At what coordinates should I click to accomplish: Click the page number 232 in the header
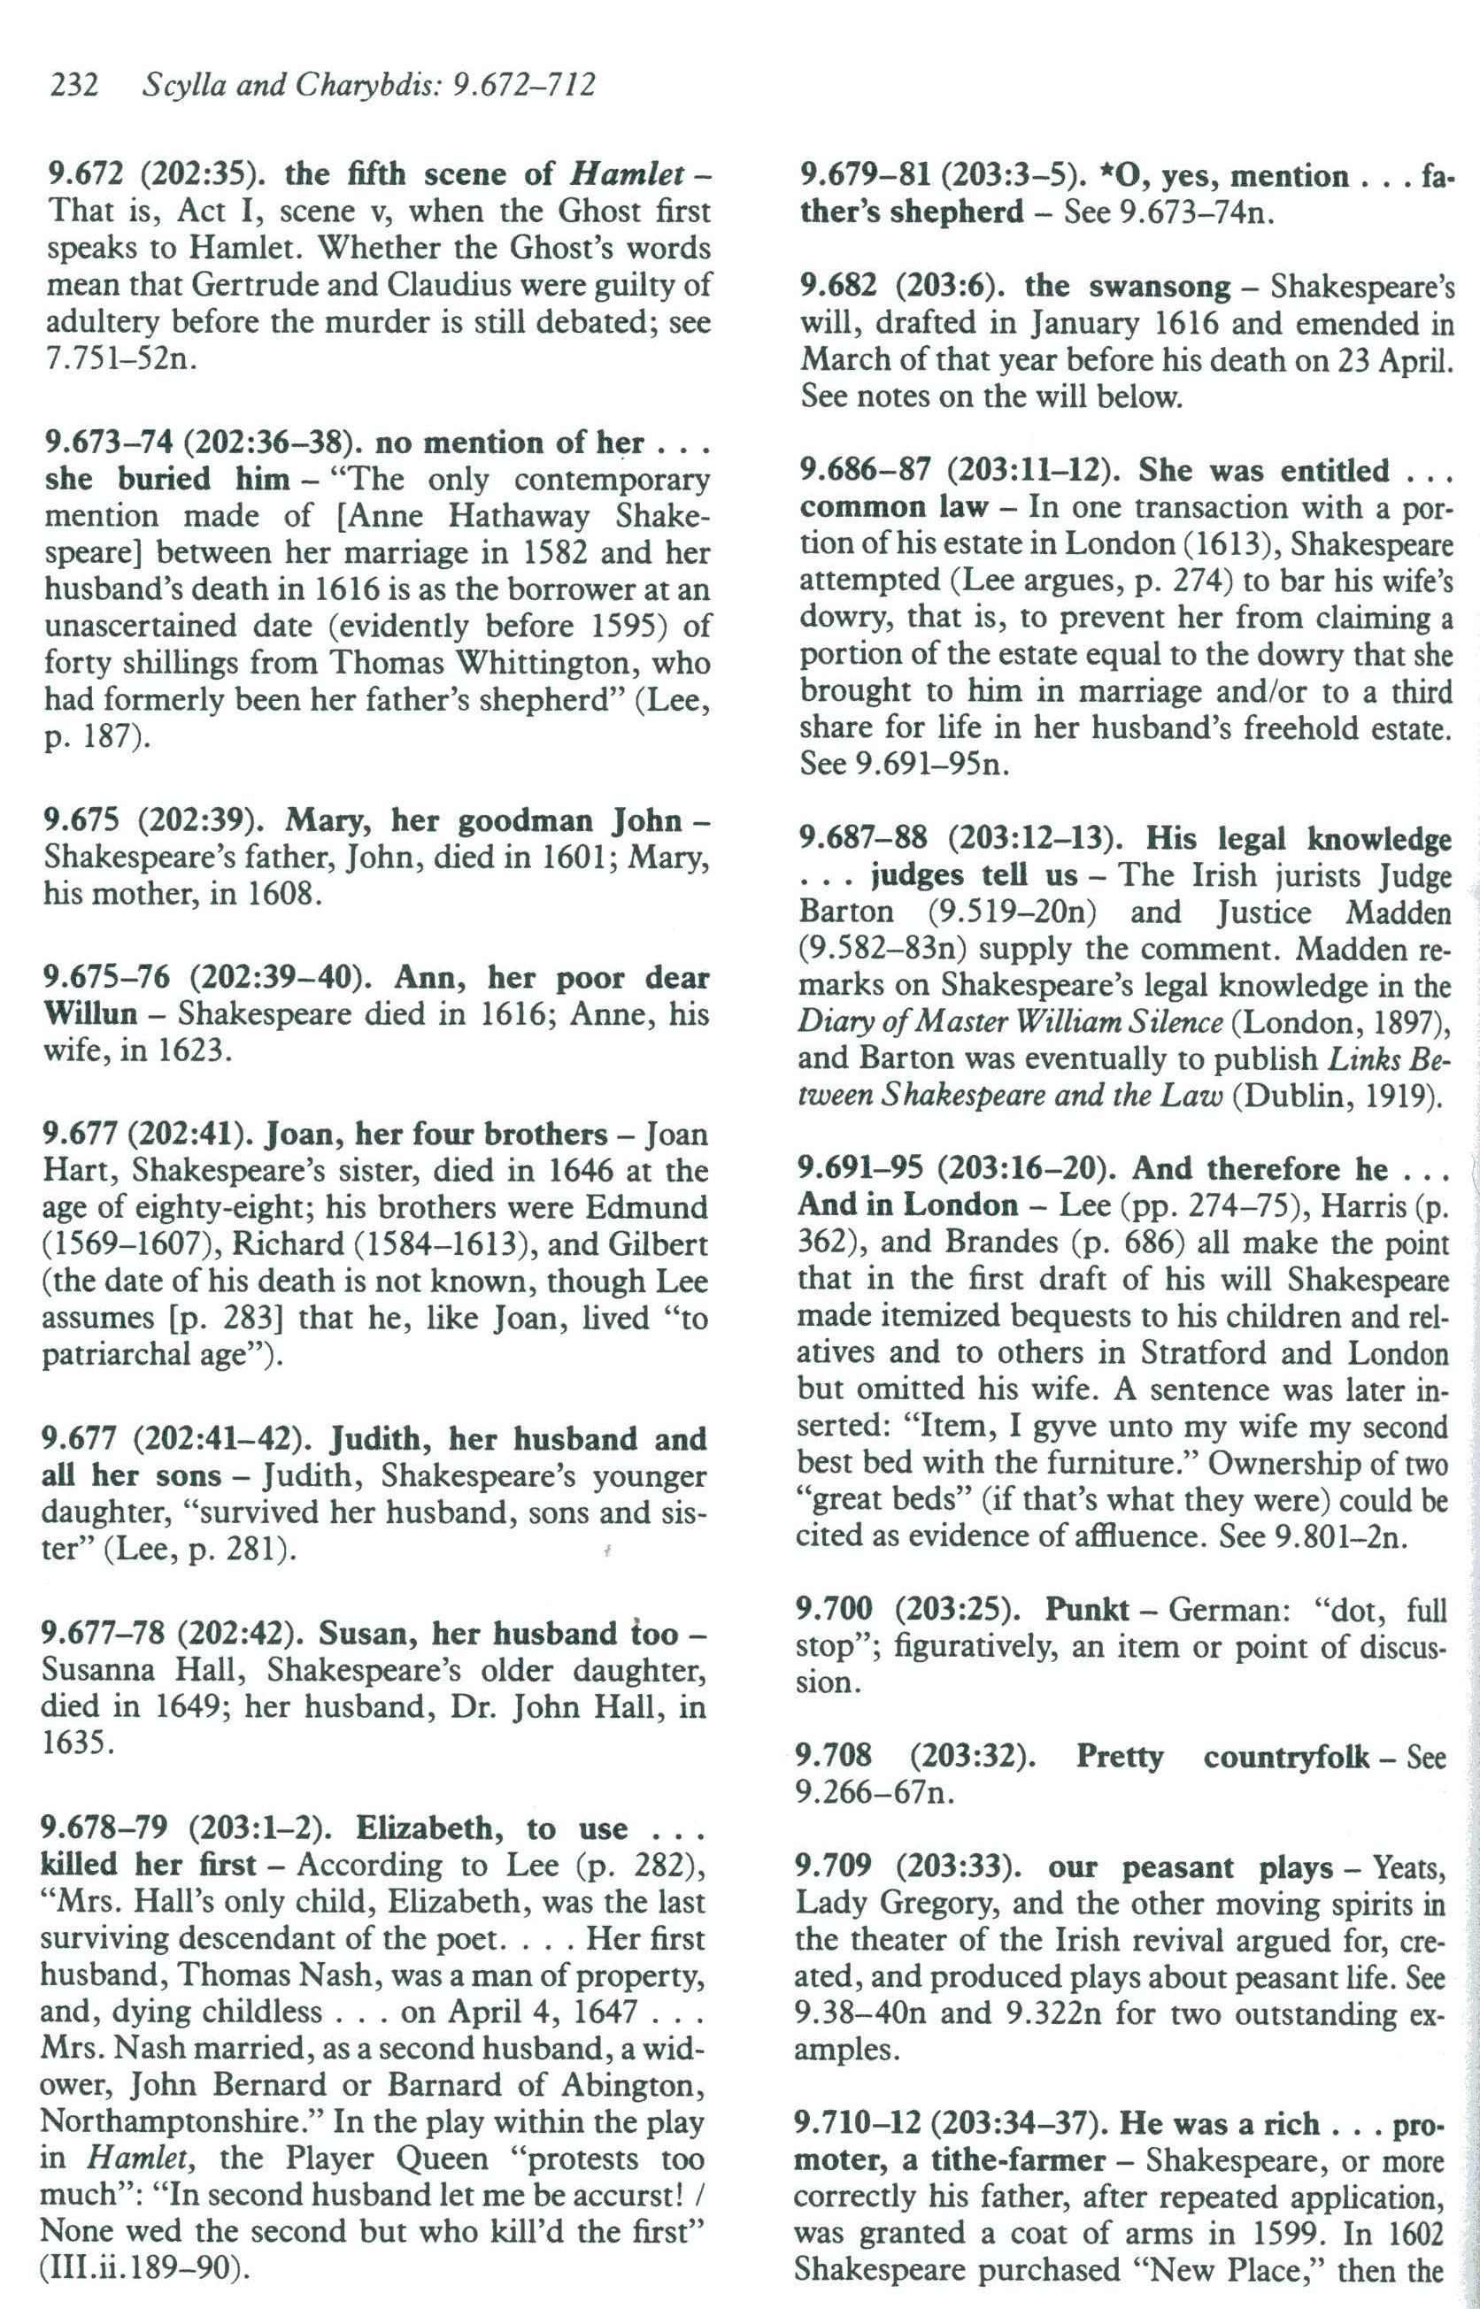[x=73, y=86]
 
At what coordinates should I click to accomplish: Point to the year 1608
[x=283, y=895]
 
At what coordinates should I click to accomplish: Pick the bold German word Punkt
[x=1087, y=1609]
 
